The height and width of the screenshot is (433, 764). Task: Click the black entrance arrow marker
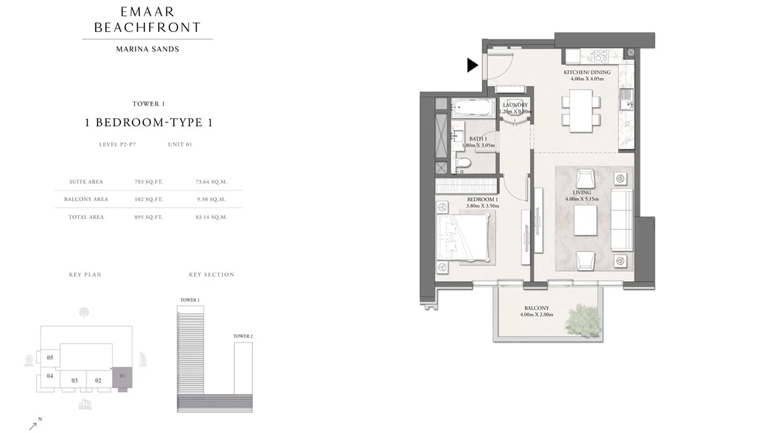click(472, 64)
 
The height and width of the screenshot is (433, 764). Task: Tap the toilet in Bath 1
click(464, 164)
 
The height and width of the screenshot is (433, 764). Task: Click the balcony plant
click(582, 316)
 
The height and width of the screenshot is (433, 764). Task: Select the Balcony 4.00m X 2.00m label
click(536, 311)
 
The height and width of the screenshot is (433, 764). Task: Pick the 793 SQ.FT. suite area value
click(149, 181)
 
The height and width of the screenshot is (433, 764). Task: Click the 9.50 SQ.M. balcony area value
click(211, 199)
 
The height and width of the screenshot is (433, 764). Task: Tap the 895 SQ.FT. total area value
click(149, 217)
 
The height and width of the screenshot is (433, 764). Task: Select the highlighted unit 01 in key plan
click(123, 378)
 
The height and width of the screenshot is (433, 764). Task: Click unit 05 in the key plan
click(50, 358)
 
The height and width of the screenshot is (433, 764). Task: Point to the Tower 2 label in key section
click(243, 336)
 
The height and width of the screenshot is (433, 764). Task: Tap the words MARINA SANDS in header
click(147, 49)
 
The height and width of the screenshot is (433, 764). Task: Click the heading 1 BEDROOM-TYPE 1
click(148, 123)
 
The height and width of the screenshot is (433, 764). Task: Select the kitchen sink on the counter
click(626, 97)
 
